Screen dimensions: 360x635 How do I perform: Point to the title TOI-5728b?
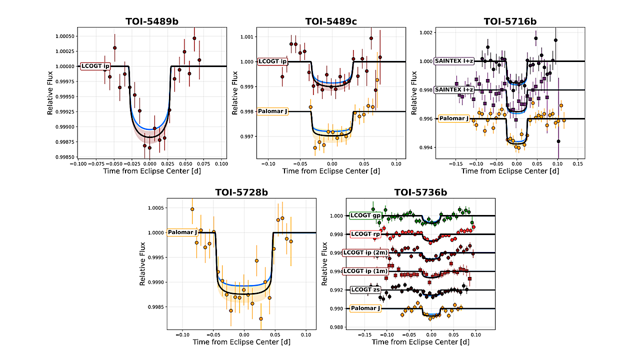point(241,192)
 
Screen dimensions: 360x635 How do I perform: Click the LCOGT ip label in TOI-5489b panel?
point(95,66)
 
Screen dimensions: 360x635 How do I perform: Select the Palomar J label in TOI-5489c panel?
point(272,111)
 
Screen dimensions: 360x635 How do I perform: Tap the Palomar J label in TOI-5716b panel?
point(454,119)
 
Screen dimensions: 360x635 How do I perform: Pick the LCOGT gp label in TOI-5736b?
point(365,215)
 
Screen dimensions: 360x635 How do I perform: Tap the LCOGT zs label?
point(365,289)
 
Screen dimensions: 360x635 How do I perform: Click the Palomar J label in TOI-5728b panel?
point(183,232)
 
